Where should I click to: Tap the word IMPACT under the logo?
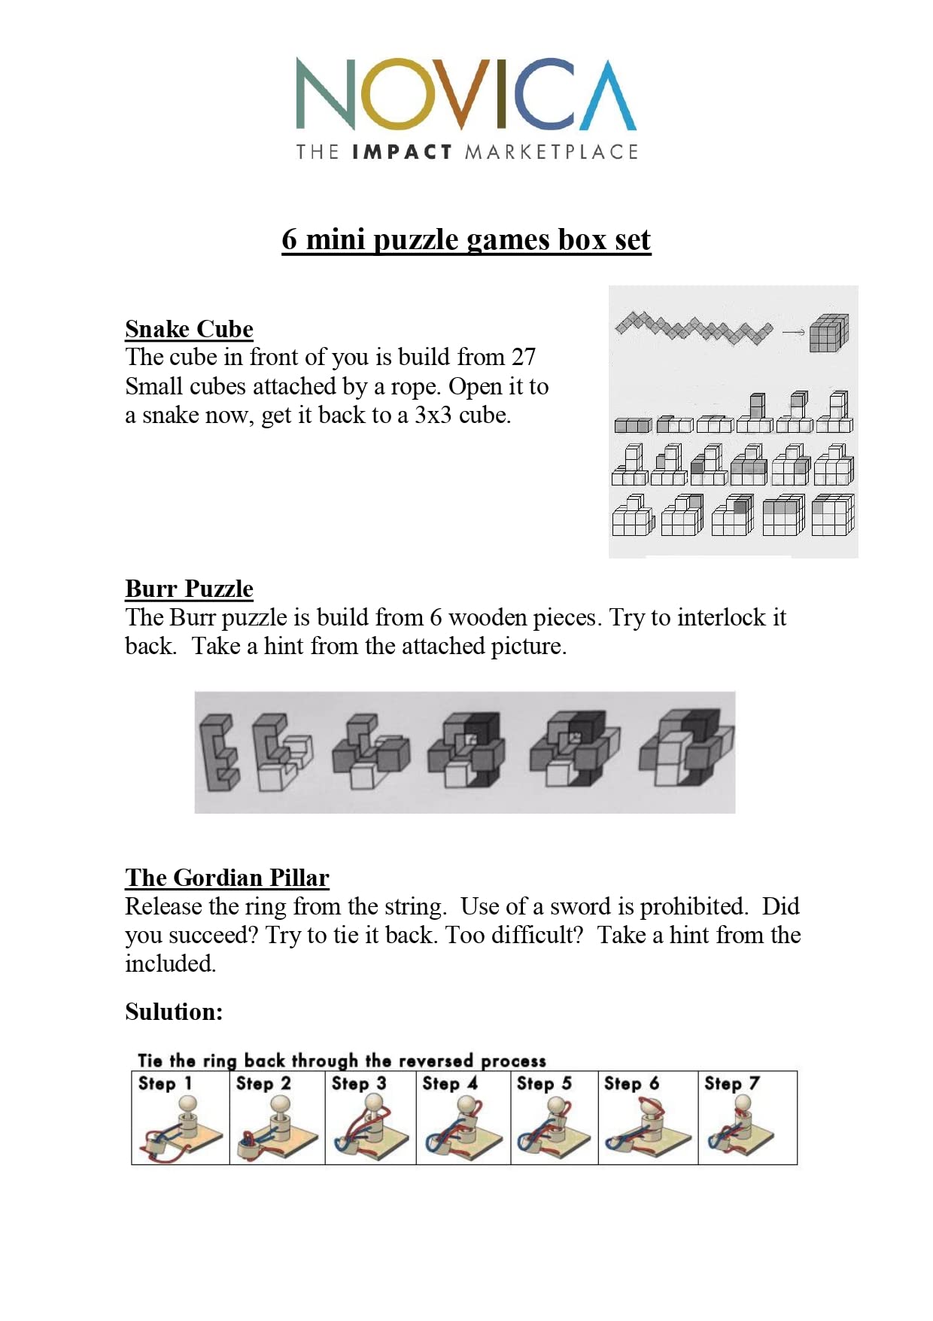click(402, 152)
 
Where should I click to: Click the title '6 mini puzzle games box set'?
click(466, 239)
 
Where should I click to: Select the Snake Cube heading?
click(189, 329)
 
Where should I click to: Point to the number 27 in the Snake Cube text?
click(523, 357)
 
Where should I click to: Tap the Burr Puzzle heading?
click(189, 589)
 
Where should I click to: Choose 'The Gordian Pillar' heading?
click(227, 878)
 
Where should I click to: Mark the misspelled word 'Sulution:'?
click(174, 1012)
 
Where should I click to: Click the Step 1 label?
click(165, 1083)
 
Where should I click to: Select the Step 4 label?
click(450, 1083)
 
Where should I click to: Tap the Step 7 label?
click(731, 1083)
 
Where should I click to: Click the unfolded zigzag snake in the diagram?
click(693, 327)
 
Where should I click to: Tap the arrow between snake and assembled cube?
click(792, 332)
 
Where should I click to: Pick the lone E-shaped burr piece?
click(219, 753)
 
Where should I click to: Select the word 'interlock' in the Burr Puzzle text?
click(725, 617)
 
